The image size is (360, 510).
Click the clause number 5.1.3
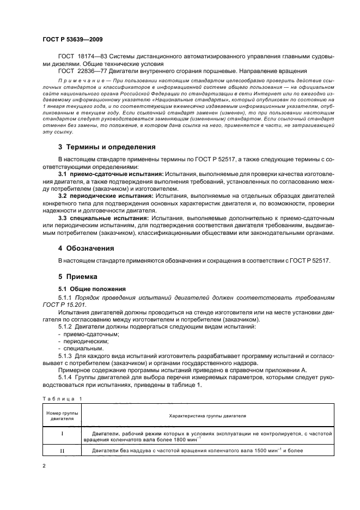click(x=66, y=356)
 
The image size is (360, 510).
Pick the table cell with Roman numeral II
click(x=62, y=451)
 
